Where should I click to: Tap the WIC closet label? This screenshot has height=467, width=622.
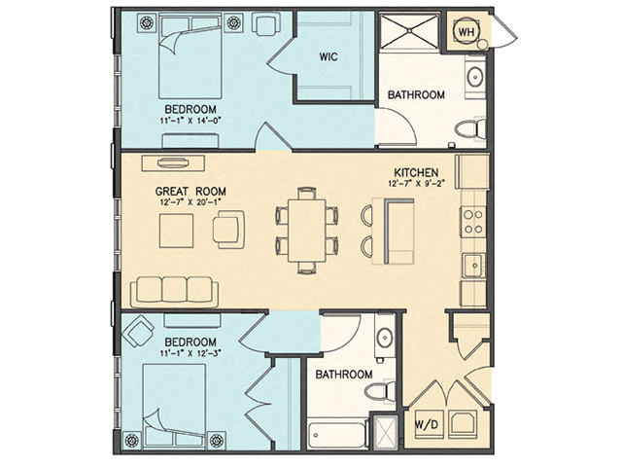pos(328,56)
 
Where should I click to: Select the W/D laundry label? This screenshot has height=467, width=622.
pos(425,424)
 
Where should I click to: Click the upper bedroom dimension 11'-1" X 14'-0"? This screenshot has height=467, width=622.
pos(190,120)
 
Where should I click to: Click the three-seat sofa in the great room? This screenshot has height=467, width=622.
pos(174,289)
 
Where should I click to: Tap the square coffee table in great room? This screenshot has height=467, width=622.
pos(179,231)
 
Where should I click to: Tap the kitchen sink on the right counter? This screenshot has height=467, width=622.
pos(474,264)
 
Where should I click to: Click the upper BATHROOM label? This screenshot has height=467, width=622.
pos(416,95)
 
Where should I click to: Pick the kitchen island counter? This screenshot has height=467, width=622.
pos(398,228)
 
